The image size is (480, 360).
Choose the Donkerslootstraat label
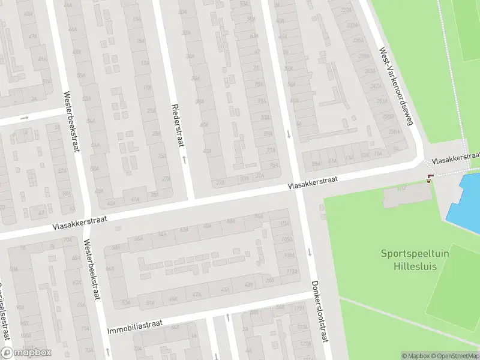[320, 312]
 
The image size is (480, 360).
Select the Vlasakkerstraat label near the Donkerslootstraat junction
[313, 183]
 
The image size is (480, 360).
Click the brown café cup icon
[430, 178]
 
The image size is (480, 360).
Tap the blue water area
[465, 198]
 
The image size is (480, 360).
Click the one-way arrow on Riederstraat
[184, 160]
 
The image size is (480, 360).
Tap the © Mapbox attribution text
[416, 356]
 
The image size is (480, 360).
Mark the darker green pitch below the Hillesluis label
[453, 288]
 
